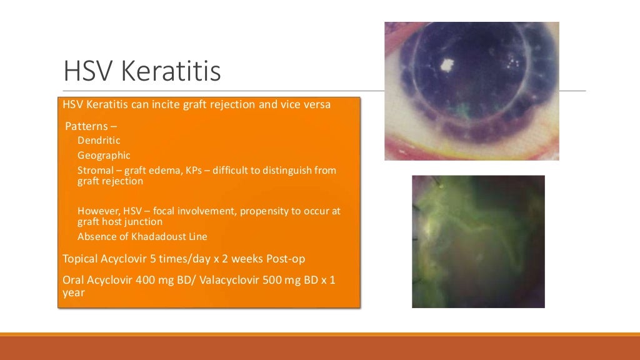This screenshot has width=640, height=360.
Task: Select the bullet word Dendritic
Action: [x=99, y=141]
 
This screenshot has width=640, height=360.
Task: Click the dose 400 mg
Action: [x=143, y=280]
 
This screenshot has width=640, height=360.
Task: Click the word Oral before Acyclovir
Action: [x=74, y=280]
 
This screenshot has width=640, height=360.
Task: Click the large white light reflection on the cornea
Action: [x=447, y=64]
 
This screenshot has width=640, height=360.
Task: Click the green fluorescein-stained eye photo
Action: [x=478, y=241]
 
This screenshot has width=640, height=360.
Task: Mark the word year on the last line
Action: [x=74, y=291]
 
